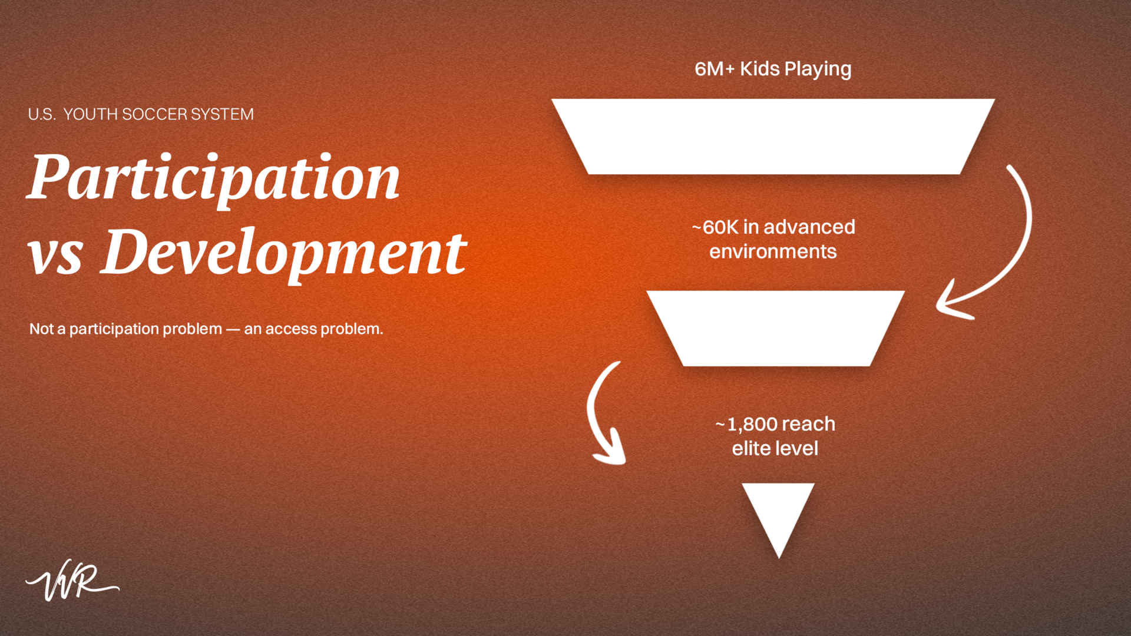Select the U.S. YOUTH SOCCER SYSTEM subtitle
(141, 114)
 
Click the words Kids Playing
(795, 69)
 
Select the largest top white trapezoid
(773, 137)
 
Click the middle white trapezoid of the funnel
(775, 328)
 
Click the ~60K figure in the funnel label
(715, 227)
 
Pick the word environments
(773, 252)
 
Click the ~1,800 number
(746, 424)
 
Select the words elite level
(775, 449)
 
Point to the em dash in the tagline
(233, 329)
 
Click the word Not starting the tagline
(41, 329)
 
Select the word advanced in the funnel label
(809, 227)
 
